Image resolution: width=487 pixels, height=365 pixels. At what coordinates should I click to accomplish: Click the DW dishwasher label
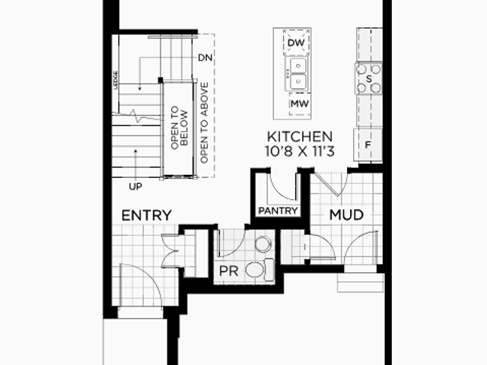[x=296, y=43]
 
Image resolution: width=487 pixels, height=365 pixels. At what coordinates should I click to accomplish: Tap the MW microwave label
[x=300, y=103]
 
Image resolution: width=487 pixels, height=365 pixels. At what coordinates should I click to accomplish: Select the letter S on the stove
[x=368, y=79]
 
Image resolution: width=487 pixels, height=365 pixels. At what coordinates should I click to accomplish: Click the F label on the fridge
[x=368, y=144]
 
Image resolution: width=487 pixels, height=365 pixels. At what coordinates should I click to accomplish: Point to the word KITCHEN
[x=300, y=137]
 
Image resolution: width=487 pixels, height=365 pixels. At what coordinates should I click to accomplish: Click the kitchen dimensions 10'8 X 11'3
[x=300, y=151]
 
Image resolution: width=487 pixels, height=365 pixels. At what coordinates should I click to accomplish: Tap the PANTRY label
[x=278, y=211]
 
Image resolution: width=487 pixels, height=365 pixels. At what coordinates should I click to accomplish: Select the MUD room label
[x=346, y=214]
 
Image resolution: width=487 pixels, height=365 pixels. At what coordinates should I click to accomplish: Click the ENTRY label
[x=147, y=215]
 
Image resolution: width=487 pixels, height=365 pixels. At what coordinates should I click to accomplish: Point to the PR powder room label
[x=229, y=271]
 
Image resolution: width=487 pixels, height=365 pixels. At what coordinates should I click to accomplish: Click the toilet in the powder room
[x=259, y=270]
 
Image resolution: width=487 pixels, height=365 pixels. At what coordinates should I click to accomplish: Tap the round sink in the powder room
[x=263, y=244]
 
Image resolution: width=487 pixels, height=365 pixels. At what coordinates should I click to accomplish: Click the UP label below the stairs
[x=135, y=186]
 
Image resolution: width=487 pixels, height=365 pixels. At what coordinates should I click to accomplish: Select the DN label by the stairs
[x=205, y=58]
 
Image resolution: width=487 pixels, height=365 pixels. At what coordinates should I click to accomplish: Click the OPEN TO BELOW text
[x=180, y=128]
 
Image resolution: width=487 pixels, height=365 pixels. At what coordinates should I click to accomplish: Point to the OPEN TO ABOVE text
[x=204, y=122]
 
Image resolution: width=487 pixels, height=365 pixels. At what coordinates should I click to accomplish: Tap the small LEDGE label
[x=116, y=81]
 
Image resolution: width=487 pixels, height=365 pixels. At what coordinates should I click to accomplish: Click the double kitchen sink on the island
[x=298, y=74]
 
